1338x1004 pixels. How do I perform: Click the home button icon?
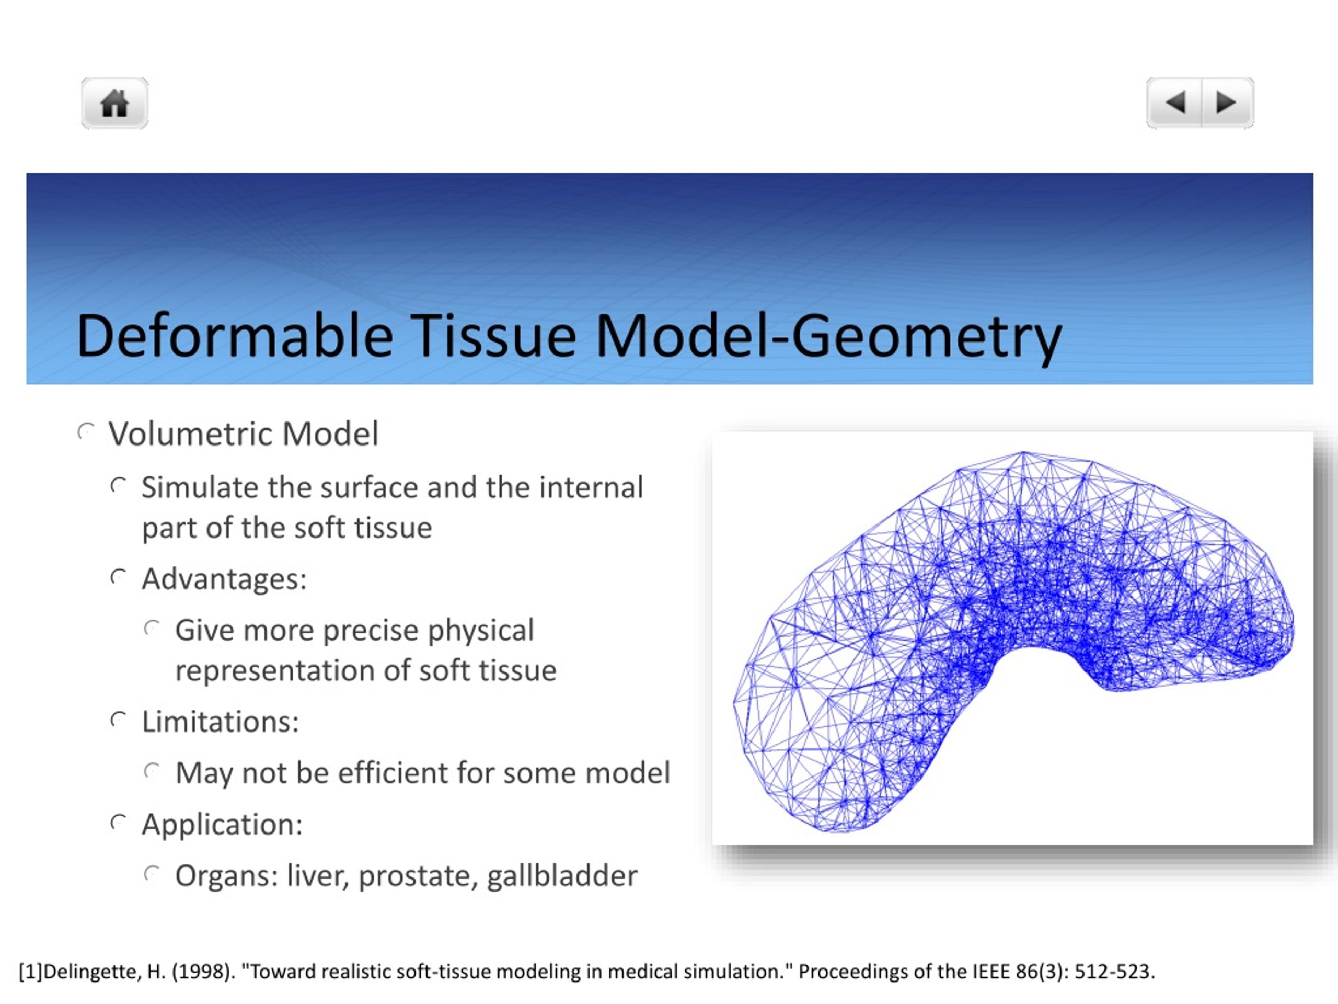click(114, 103)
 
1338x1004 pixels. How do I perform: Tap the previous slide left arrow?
click(1175, 102)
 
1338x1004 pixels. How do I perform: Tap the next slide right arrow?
click(1226, 102)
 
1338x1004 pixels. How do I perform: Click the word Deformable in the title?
click(235, 336)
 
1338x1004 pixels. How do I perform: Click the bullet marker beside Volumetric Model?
click(86, 432)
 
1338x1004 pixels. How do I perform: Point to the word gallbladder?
click(562, 876)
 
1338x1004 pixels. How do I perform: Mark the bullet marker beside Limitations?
click(119, 720)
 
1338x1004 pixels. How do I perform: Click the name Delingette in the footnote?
click(93, 972)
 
